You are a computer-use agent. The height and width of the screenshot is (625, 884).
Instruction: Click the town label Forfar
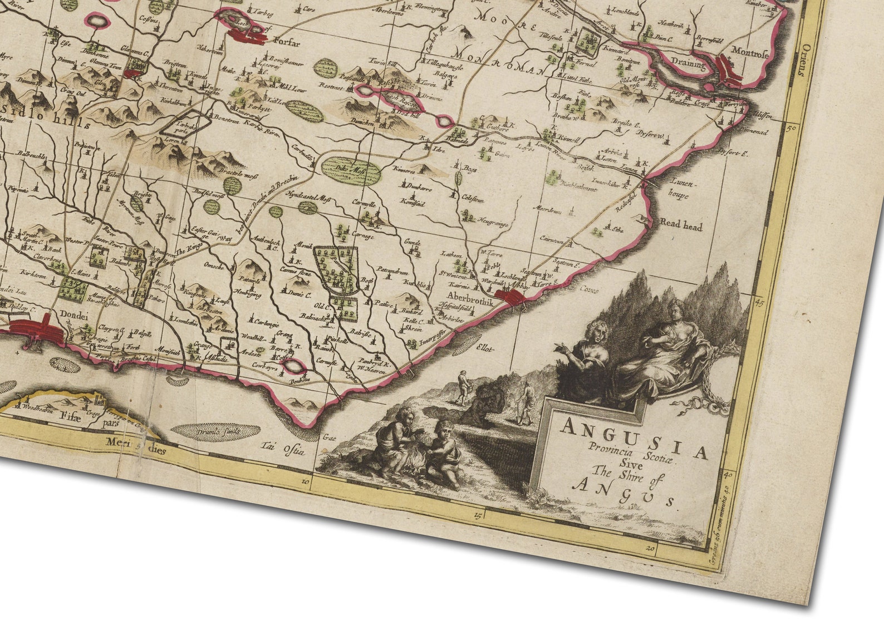point(287,42)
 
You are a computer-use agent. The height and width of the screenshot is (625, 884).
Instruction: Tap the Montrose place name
point(750,53)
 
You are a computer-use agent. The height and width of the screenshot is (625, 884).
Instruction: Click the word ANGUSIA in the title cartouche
point(634,436)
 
